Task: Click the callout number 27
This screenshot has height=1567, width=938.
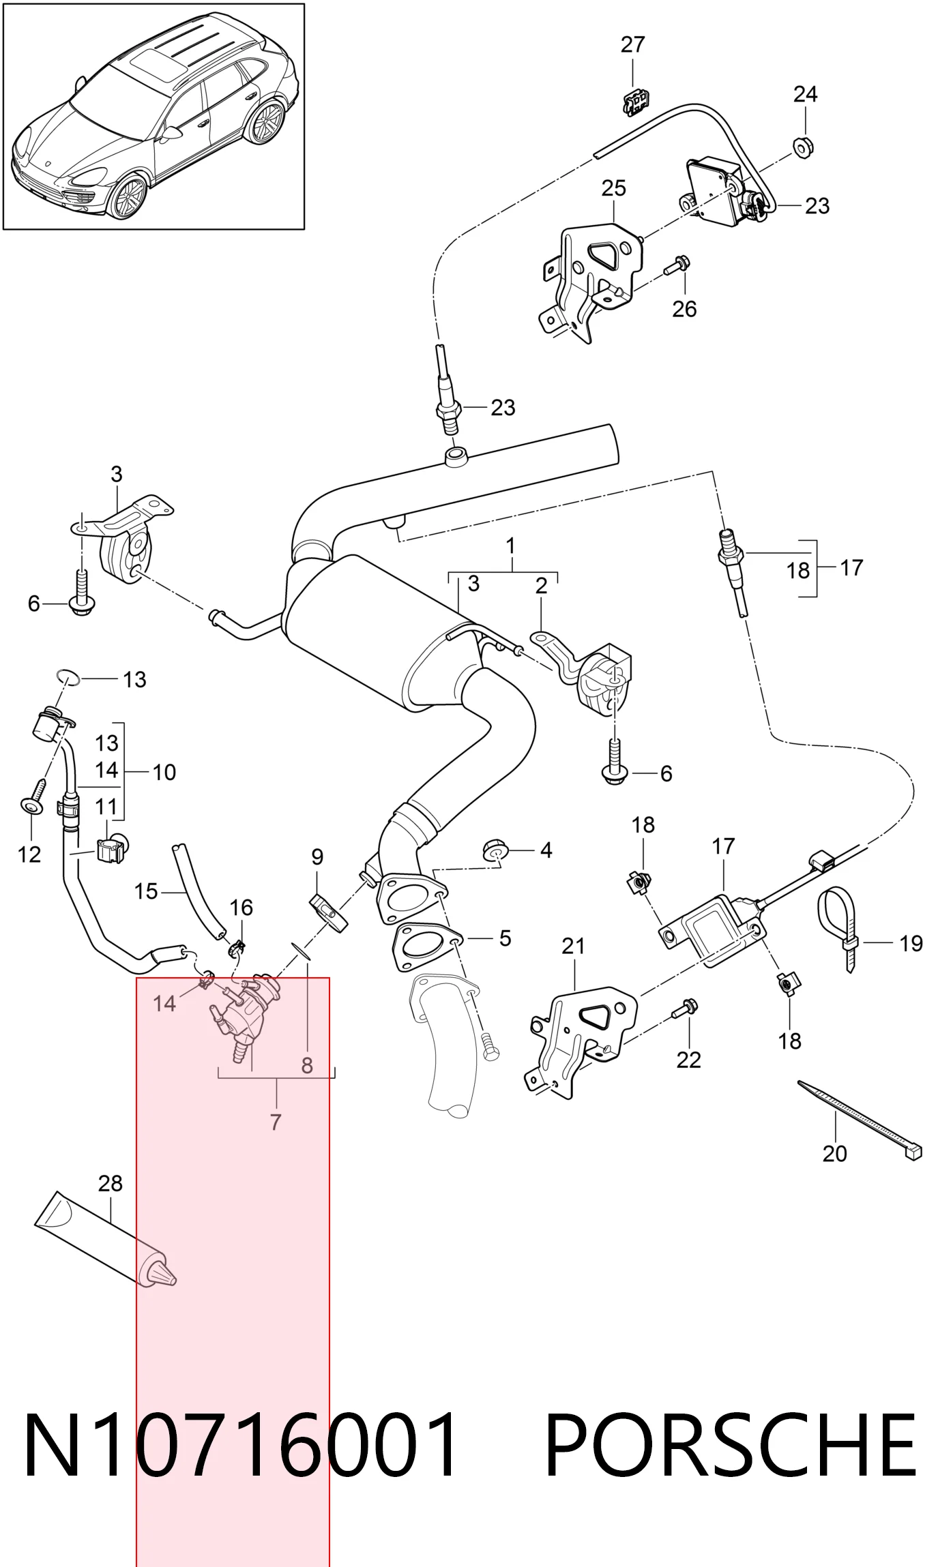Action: (x=632, y=44)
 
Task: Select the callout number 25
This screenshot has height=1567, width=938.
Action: (x=613, y=188)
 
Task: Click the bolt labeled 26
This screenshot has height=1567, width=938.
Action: (x=677, y=265)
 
